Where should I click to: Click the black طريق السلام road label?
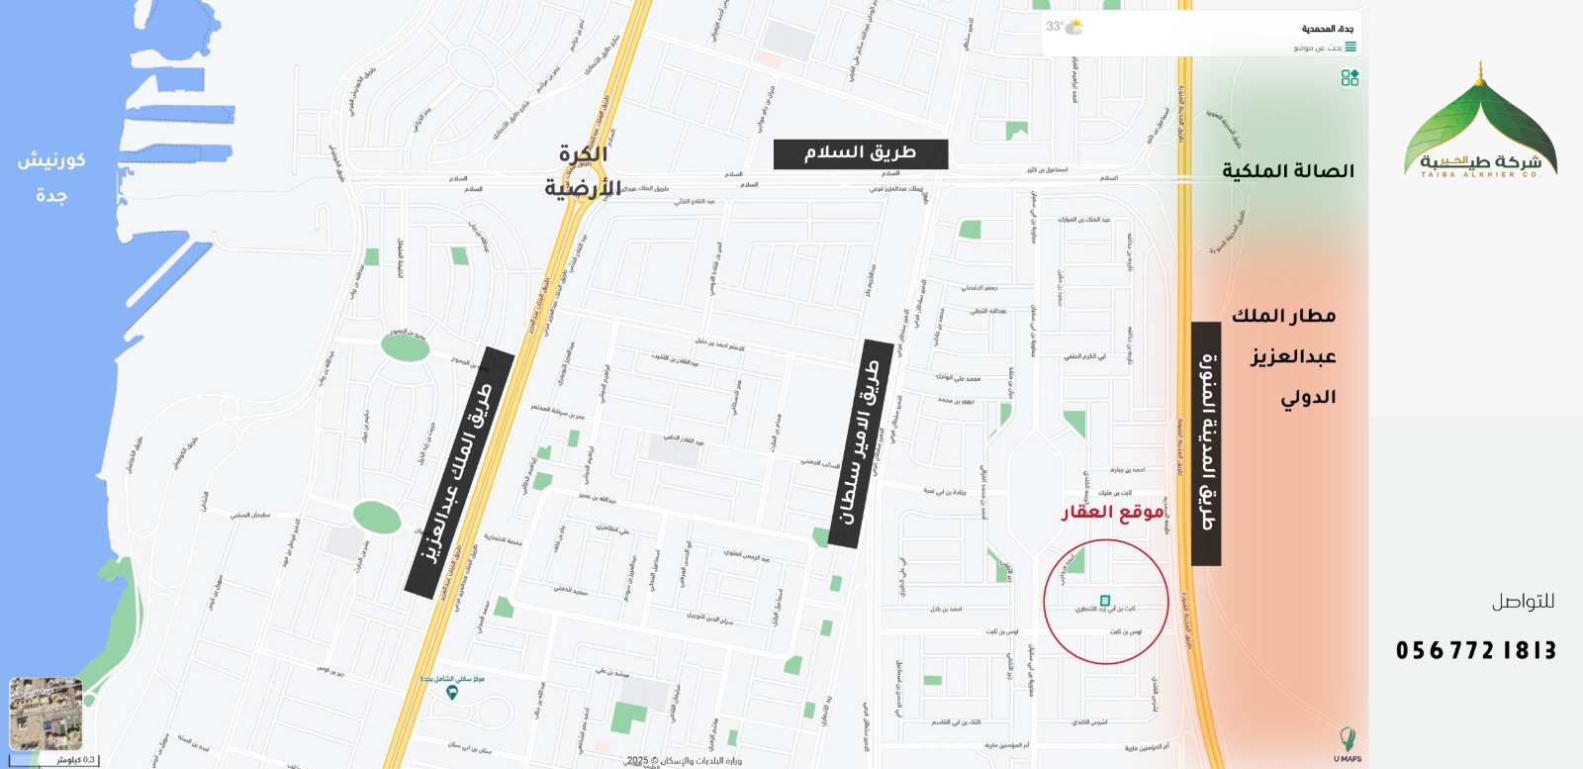coord(860,153)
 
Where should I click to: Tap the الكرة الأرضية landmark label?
coord(583,171)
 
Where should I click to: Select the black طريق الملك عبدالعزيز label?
coord(461,473)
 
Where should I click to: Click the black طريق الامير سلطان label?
coord(857,443)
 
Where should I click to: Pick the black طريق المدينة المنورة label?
coord(1206,443)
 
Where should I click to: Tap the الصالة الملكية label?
coord(1287,171)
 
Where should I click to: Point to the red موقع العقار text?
coord(1112,512)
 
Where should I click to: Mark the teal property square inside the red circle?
coord(1105,601)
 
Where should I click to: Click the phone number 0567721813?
coord(1475,650)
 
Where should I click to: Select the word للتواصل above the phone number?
coord(1523,602)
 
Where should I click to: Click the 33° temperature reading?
coord(1055,27)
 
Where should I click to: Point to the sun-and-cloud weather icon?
coord(1073,27)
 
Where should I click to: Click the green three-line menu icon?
coord(1350,47)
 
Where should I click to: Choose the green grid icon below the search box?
coord(1350,77)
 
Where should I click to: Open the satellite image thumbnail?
coord(46,714)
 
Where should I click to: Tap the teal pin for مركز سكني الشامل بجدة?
coord(452,693)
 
